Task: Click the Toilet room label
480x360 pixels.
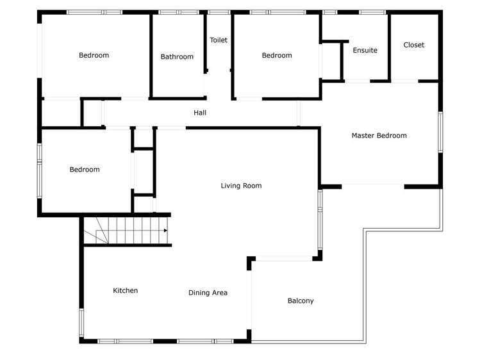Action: pyautogui.click(x=219, y=40)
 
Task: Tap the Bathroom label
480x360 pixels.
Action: pyautogui.click(x=177, y=57)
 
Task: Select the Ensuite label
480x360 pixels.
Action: pyautogui.click(x=365, y=51)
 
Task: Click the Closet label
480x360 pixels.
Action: pyautogui.click(x=414, y=45)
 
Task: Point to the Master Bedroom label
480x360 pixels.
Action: pyautogui.click(x=379, y=136)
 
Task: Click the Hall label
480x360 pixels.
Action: pyautogui.click(x=200, y=113)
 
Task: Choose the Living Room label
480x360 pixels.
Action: pyautogui.click(x=241, y=186)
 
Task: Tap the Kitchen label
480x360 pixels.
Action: pyautogui.click(x=126, y=291)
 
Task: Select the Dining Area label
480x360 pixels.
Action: pyautogui.click(x=208, y=293)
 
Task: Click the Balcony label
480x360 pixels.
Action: pyautogui.click(x=301, y=301)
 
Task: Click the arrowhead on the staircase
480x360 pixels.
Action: pyautogui.click(x=165, y=231)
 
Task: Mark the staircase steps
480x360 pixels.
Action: pyautogui.click(x=128, y=231)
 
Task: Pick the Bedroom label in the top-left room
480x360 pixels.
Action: pyautogui.click(x=94, y=56)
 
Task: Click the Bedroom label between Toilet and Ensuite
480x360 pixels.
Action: pyautogui.click(x=277, y=56)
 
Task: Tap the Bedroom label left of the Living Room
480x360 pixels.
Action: pyautogui.click(x=85, y=170)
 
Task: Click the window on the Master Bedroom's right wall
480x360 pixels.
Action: pyautogui.click(x=440, y=132)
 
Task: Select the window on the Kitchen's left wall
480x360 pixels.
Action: pyautogui.click(x=81, y=322)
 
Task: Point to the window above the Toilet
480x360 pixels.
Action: pyautogui.click(x=219, y=12)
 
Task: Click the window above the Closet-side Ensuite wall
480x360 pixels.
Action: pyautogui.click(x=372, y=12)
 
